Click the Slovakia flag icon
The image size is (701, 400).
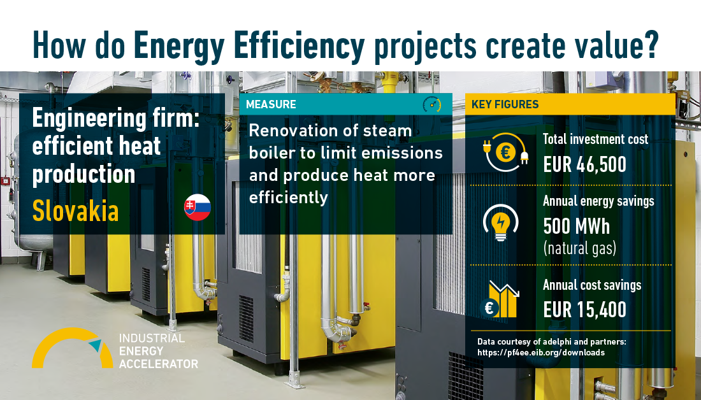(197, 208)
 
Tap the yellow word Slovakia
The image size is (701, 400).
(76, 210)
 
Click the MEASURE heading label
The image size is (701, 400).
(271, 104)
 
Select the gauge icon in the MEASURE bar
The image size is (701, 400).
(432, 104)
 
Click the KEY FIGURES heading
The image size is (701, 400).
(505, 104)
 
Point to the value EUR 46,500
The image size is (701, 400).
(585, 165)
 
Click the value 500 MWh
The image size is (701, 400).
(576, 227)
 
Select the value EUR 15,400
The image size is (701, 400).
(585, 310)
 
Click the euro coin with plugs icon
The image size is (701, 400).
(505, 152)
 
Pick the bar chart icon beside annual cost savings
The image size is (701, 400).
(500, 299)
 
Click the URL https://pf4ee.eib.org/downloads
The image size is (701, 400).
(541, 353)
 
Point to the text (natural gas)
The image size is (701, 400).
(580, 248)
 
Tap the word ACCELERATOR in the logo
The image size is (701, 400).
(159, 364)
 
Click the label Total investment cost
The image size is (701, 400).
(595, 139)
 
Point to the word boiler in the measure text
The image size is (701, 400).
(271, 153)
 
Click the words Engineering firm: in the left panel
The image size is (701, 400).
(116, 119)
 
